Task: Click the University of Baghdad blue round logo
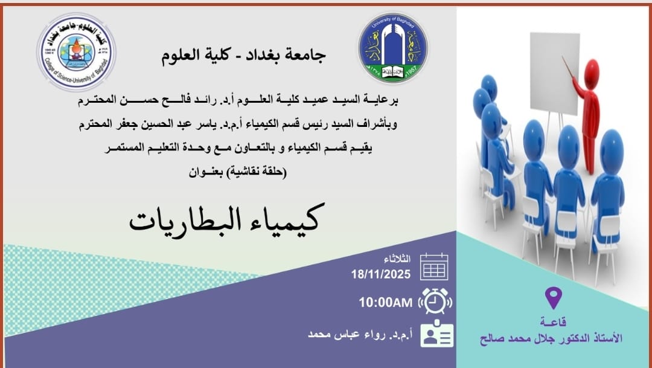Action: [x=393, y=48]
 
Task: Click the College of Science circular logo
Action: [x=77, y=52]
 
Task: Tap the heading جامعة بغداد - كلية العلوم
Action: [x=243, y=56]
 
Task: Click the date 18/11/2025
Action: [x=381, y=274]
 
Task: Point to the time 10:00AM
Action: [x=386, y=303]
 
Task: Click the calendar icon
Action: [x=434, y=266]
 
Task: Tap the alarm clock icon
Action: [x=435, y=300]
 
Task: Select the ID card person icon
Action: [x=436, y=334]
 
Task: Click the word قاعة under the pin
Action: [x=554, y=322]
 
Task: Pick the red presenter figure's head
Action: [x=592, y=69]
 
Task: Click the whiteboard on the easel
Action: [x=555, y=73]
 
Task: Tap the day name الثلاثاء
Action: [x=397, y=259]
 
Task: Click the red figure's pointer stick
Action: [x=568, y=67]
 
